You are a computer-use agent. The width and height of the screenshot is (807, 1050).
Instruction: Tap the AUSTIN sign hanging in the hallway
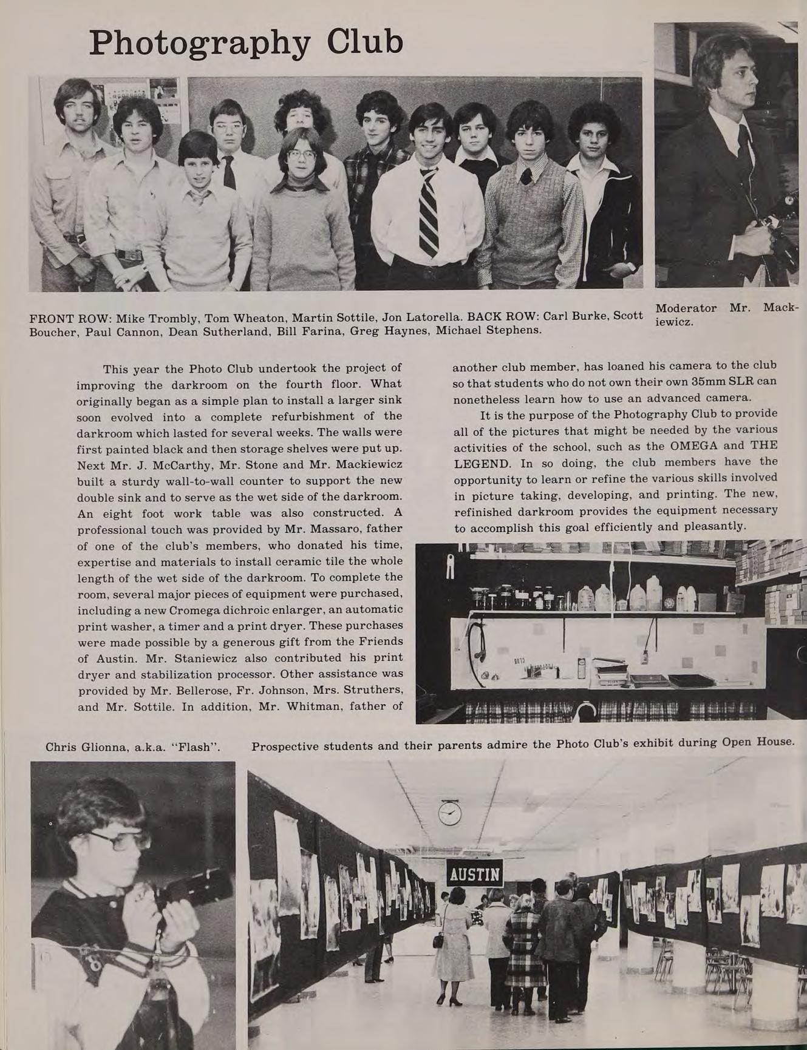[x=475, y=873]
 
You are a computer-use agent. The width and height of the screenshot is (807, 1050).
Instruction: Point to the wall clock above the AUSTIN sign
[x=450, y=813]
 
